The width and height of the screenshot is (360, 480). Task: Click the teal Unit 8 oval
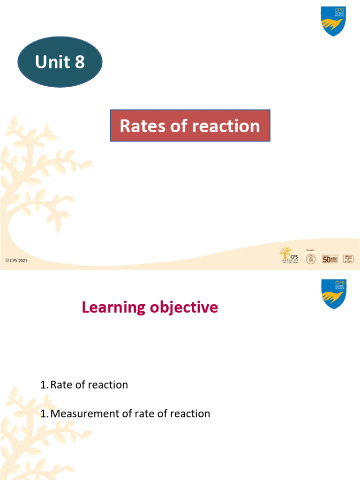(60, 62)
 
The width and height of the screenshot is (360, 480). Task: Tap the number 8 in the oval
(78, 62)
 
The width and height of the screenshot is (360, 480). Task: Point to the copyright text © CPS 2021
(16, 261)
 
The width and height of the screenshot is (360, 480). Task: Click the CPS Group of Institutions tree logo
(286, 255)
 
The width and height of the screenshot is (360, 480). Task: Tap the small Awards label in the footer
(311, 250)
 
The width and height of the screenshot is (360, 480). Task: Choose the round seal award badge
(311, 259)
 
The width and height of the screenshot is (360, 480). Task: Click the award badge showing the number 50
(330, 259)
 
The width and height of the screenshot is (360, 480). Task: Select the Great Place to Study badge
(348, 259)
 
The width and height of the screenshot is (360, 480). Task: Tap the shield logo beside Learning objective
(333, 294)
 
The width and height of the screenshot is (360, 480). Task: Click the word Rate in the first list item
(60, 385)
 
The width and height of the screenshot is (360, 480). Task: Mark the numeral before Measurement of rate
(44, 413)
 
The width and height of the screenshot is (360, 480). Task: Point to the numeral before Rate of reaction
(44, 385)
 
